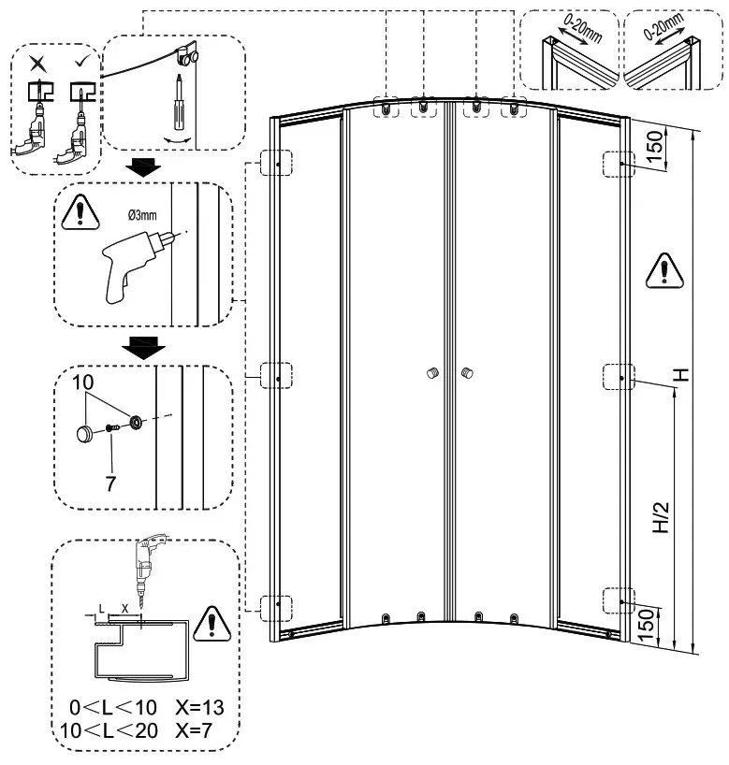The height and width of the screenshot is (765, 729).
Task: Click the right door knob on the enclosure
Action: click(x=465, y=374)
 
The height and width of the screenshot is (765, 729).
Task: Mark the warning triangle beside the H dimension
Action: click(x=663, y=269)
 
